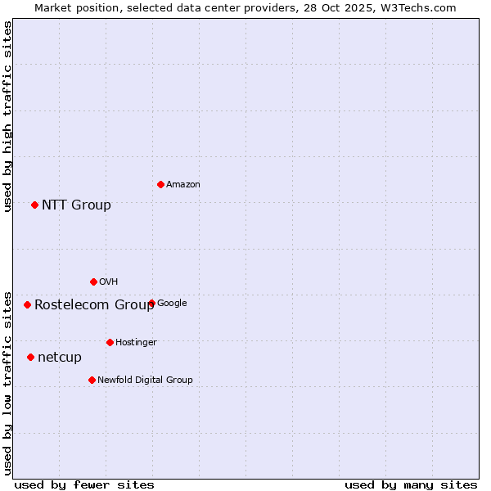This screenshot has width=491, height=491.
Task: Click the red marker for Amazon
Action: click(x=160, y=184)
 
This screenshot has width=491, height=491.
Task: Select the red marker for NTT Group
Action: click(x=34, y=205)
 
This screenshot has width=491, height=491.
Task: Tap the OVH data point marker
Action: click(x=93, y=282)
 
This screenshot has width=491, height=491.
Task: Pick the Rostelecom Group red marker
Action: click(x=27, y=304)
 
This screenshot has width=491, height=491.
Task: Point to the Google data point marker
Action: click(x=151, y=303)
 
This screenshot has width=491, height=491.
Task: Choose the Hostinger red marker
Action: click(x=110, y=342)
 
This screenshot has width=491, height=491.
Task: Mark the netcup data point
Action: click(x=30, y=357)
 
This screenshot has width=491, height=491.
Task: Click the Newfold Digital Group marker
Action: click(x=92, y=380)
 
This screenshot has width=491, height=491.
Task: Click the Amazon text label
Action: click(x=183, y=185)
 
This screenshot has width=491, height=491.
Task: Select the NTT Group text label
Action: click(x=76, y=205)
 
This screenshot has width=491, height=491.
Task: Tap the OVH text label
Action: click(x=109, y=282)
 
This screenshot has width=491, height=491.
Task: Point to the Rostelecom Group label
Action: click(x=94, y=305)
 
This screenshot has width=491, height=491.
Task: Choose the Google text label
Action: click(x=172, y=304)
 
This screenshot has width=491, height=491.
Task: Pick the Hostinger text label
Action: click(x=136, y=343)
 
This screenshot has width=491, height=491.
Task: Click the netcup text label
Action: click(x=60, y=358)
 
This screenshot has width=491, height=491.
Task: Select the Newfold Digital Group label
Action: click(x=145, y=381)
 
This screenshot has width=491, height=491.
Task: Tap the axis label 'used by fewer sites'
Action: click(x=84, y=484)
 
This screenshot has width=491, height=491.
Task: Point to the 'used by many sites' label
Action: click(x=411, y=484)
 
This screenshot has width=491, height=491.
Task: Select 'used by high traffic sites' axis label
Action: click(x=7, y=116)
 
